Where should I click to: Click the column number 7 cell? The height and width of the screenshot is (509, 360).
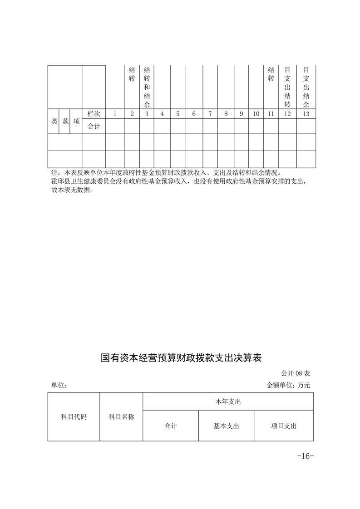point(210,114)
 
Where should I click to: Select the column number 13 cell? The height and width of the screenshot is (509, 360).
point(306,114)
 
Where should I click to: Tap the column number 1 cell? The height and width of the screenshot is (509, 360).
point(115,114)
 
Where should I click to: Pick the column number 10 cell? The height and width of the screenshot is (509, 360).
point(256,114)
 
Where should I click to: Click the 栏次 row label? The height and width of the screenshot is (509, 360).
point(94,114)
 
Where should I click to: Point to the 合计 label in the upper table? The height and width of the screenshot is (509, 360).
point(94,127)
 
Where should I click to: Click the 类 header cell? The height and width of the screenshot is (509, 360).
point(54,121)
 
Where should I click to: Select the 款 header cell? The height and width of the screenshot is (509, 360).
point(65,121)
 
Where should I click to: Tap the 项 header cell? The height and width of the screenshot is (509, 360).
point(77,121)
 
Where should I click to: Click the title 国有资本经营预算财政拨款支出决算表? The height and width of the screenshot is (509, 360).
point(181,358)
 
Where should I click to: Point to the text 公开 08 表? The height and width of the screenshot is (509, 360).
point(295,374)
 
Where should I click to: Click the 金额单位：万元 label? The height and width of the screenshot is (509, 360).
point(288,386)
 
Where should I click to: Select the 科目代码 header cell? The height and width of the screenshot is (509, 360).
point(74,416)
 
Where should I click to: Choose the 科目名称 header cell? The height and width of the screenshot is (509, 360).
point(121,416)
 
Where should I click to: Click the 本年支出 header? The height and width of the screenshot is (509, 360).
point(228,401)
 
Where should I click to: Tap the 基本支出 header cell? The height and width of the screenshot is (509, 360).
point(226,426)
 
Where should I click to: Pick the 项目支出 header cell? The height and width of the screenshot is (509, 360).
point(283,426)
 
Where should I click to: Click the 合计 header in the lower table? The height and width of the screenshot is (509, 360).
point(171,426)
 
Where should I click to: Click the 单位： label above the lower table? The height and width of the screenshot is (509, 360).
point(59,386)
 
